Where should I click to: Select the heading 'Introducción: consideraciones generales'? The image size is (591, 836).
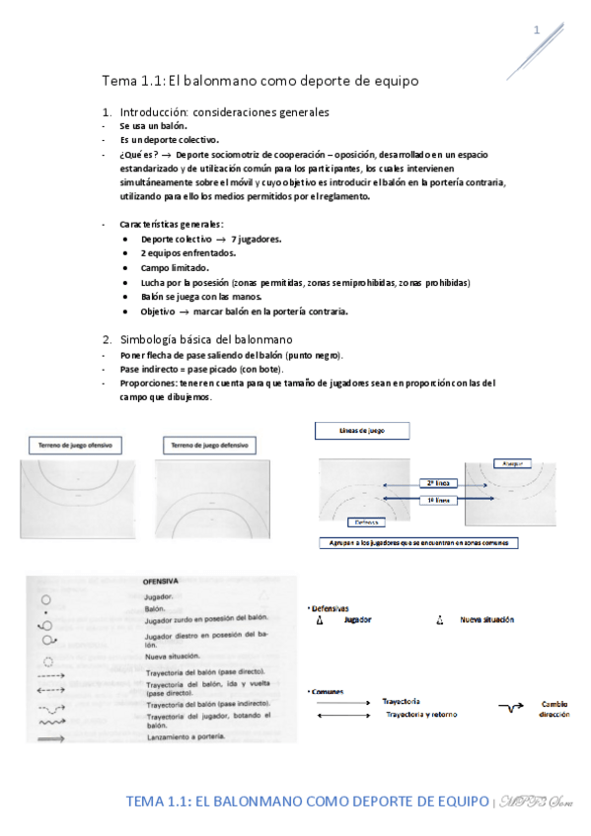tap(224, 112)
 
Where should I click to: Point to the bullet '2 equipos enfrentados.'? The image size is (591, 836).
tap(188, 253)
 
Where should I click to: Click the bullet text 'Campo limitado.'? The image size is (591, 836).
tap(175, 268)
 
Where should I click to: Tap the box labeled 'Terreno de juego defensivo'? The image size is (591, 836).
tap(208, 447)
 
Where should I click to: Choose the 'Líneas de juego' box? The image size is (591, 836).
tap(360, 431)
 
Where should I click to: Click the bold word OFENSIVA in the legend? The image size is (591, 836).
tap(165, 582)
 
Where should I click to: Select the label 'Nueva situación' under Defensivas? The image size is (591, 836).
tap(486, 620)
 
